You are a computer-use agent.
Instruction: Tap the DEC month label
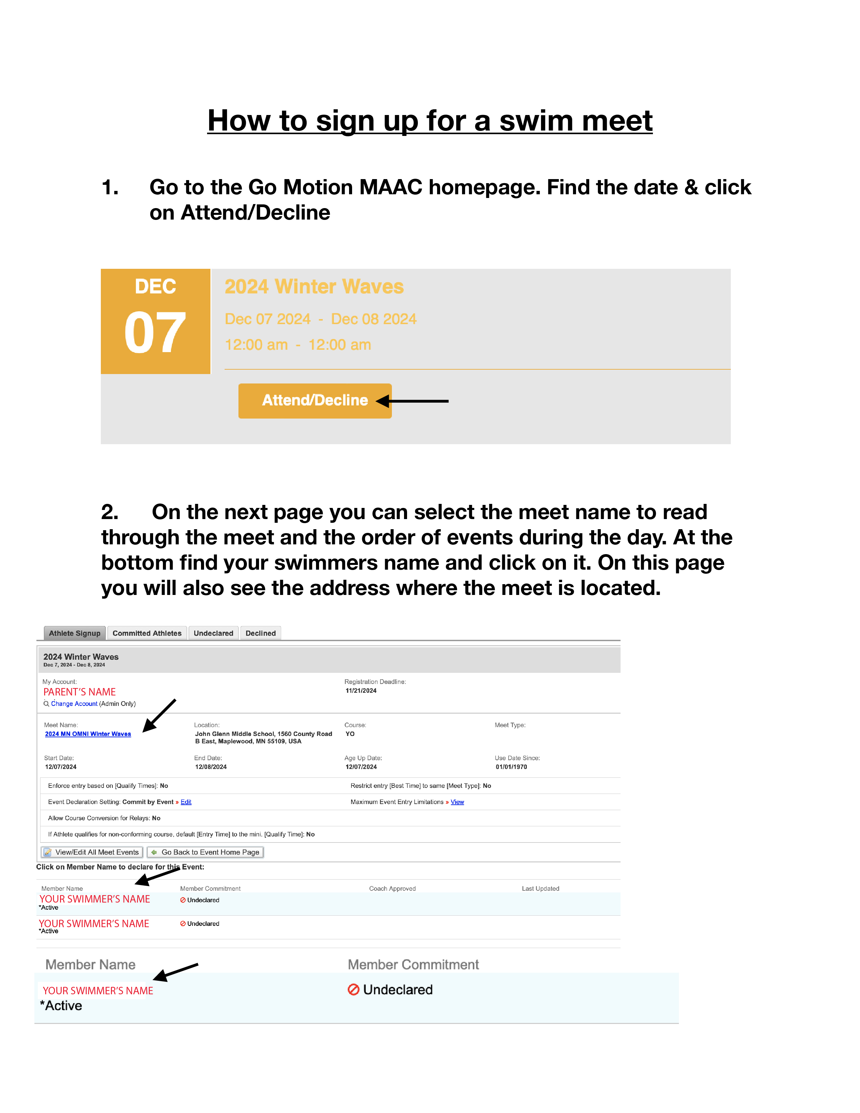click(155, 286)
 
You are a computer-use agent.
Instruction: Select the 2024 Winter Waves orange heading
click(314, 286)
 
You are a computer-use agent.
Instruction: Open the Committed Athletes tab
click(147, 633)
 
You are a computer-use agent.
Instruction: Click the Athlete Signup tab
click(75, 633)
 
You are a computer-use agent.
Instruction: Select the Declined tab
click(260, 633)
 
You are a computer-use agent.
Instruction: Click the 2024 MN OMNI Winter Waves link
click(88, 734)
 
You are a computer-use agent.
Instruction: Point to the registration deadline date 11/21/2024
click(361, 690)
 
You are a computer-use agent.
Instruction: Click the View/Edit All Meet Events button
click(92, 852)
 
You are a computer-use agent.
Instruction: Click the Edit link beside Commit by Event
click(186, 802)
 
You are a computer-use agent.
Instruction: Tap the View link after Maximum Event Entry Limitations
click(457, 802)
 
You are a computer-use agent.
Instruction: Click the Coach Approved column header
click(392, 888)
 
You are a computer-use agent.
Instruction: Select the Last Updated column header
click(540, 888)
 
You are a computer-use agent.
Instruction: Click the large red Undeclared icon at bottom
click(353, 989)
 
